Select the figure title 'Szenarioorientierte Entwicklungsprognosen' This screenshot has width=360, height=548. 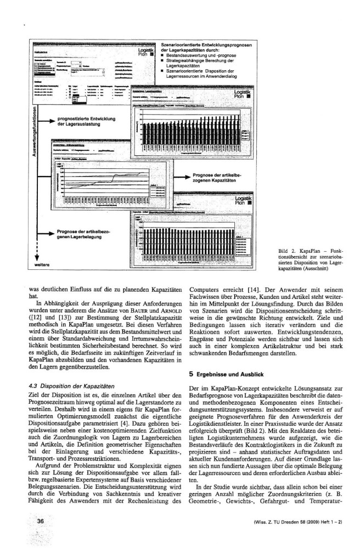(206, 44)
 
